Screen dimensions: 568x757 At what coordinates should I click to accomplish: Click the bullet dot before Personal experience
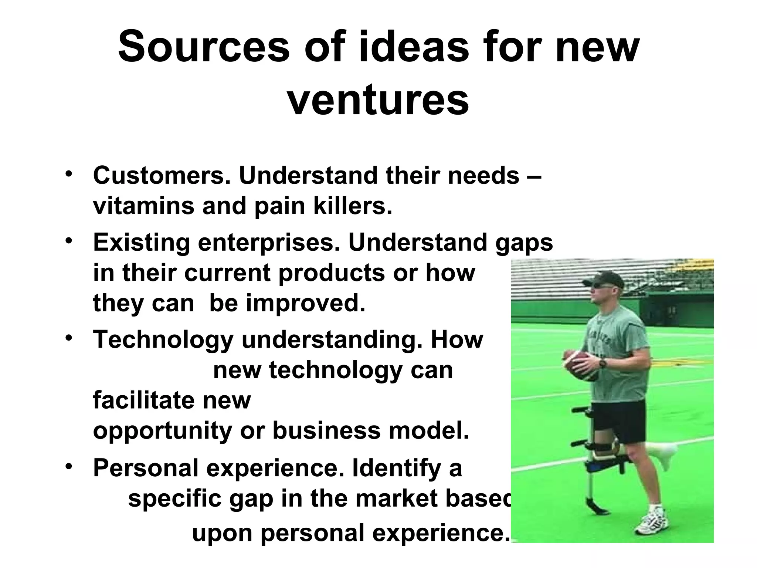[x=68, y=466]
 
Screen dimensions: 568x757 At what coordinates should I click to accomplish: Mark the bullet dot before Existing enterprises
[x=68, y=240]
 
